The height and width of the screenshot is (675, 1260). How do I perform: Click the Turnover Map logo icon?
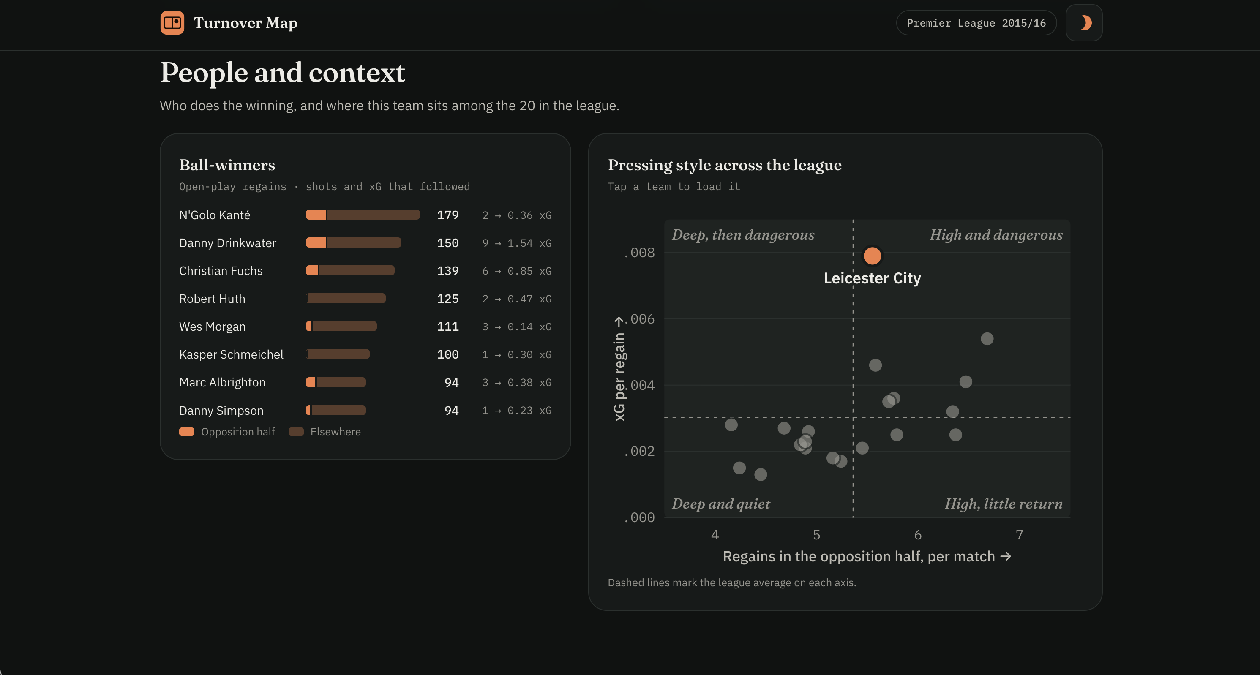172,23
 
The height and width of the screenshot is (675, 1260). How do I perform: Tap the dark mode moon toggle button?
1084,23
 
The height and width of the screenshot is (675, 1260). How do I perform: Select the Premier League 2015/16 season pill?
976,23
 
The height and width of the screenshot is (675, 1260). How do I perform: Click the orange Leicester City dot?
872,255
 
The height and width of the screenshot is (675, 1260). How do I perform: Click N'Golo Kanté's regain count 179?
447,215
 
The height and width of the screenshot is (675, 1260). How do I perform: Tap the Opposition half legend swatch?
187,432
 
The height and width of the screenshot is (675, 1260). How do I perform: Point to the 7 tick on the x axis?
1019,535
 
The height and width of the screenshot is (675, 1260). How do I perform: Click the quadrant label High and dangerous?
996,235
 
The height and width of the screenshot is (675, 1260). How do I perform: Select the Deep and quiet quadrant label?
720,504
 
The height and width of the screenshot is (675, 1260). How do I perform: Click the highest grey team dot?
987,338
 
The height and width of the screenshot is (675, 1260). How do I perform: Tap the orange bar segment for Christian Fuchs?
311,270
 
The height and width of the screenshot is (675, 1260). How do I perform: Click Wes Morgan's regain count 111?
447,327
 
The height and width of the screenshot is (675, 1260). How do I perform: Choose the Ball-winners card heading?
227,165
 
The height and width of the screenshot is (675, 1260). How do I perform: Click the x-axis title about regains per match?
867,557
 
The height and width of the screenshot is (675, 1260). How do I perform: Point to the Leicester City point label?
872,278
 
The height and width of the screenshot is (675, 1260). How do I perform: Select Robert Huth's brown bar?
346,298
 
